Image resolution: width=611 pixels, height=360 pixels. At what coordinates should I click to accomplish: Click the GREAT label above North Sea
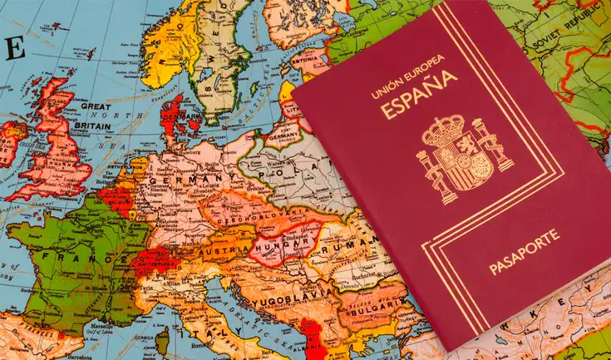pyautogui.click(x=96, y=106)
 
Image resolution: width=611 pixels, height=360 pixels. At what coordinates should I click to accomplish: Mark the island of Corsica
pyautogui.click(x=163, y=340)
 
